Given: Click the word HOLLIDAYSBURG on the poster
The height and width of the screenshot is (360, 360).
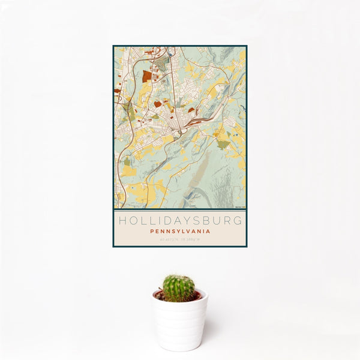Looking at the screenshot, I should point(179,221).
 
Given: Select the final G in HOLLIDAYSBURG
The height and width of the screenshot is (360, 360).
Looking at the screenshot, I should point(239,221).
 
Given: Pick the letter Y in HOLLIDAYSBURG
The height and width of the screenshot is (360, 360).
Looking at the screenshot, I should point(180,221).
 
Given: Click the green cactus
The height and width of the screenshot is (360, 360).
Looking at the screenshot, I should point(178,288).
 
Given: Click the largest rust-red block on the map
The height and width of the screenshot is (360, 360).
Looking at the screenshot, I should point(147,76).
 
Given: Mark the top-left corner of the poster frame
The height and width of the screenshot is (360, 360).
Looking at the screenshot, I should point(113,46).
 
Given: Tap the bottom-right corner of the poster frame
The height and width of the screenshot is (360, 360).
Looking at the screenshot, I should point(246,247).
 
